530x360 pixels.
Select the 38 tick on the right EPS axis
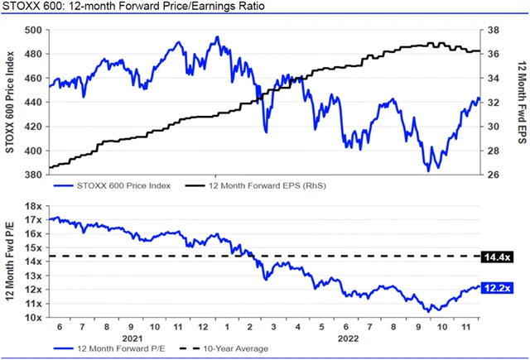pos(491,31)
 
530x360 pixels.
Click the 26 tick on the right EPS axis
pos(491,175)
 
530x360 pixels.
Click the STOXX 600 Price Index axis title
pos(10,103)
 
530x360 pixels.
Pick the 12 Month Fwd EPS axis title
pos(519,103)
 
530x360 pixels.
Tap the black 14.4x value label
pos(496,257)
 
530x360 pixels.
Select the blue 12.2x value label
pos(496,288)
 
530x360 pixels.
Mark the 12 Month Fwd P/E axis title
pos(10,262)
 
